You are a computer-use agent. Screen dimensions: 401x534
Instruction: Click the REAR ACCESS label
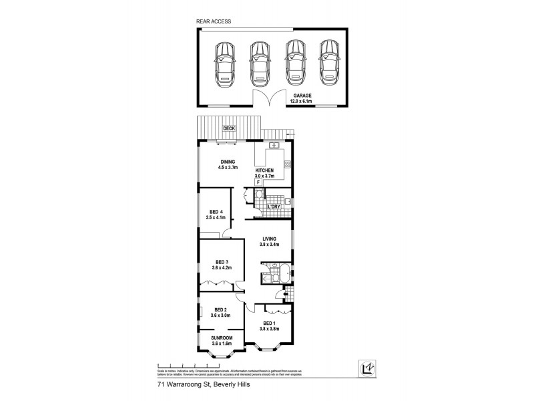pyautogui.click(x=214, y=21)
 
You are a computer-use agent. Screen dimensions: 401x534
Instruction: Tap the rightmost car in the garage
pyautogui.click(x=327, y=64)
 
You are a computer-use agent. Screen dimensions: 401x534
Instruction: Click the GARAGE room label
pyautogui.click(x=302, y=95)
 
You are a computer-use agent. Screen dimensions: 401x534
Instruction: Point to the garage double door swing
pyautogui.click(x=270, y=100)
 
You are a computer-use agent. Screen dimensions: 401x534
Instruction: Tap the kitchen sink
pyautogui.click(x=274, y=146)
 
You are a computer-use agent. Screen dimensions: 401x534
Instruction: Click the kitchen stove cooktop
pyautogui.click(x=288, y=165)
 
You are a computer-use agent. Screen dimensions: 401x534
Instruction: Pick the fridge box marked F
pyautogui.click(x=258, y=181)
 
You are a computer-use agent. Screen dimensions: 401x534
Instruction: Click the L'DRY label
pyautogui.click(x=273, y=207)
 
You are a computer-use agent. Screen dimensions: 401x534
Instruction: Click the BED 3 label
pyautogui.click(x=222, y=261)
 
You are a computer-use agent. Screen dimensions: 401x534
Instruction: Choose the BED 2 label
pyautogui.click(x=220, y=310)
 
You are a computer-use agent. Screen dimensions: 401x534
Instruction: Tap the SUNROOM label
pyautogui.click(x=222, y=339)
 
